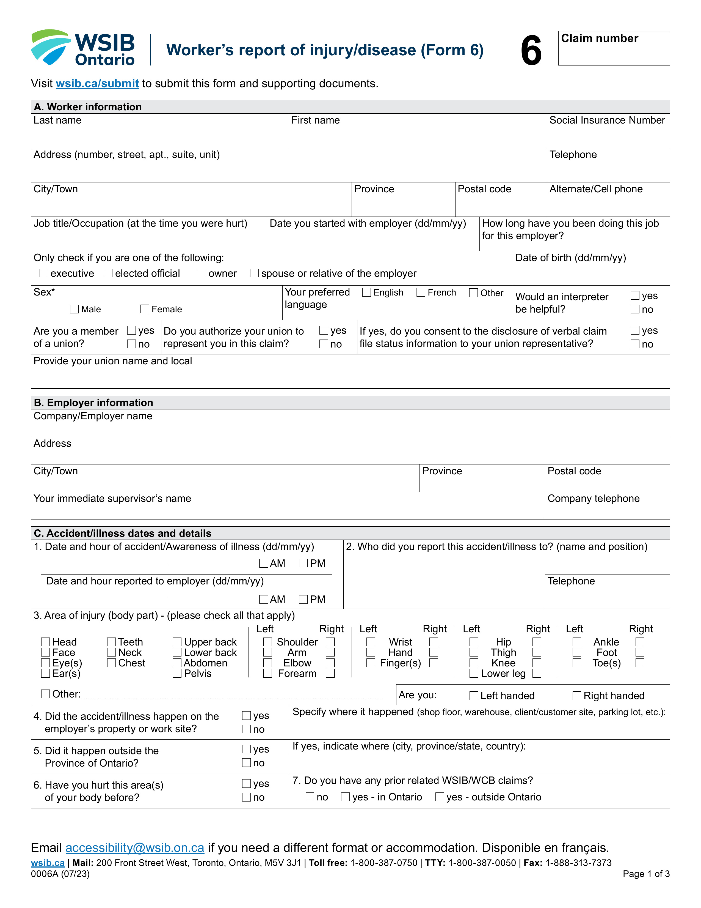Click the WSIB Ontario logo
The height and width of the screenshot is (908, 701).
coord(83,48)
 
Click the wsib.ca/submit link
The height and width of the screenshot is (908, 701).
coord(97,84)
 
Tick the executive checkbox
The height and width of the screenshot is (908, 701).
coord(44,273)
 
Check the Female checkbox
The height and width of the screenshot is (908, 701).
coord(145,309)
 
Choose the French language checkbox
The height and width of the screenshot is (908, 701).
coord(421,293)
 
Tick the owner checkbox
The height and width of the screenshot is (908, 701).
coord(202,273)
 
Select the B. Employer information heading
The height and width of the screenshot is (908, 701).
coord(93,403)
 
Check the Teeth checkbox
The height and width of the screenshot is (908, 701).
coord(111,642)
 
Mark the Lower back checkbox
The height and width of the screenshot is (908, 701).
coord(177,652)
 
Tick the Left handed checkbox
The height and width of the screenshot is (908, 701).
coord(473,696)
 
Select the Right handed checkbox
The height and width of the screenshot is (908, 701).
coord(577,696)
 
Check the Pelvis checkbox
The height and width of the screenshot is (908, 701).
coord(177,673)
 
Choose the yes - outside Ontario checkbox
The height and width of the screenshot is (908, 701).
coord(439,797)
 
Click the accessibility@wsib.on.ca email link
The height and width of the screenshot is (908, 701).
coord(134,848)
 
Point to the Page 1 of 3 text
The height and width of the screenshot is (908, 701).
coord(646,874)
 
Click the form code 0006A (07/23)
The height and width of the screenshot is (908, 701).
coord(60,874)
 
